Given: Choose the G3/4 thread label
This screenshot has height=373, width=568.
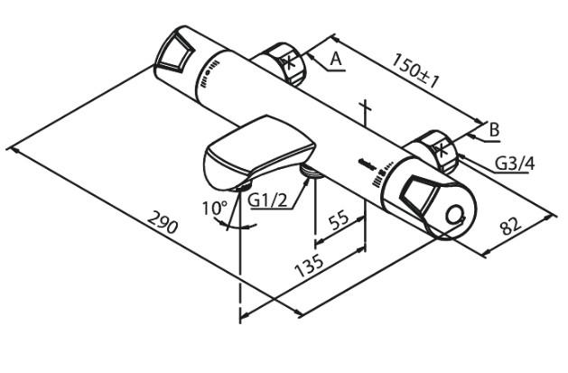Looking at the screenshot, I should click(x=515, y=163).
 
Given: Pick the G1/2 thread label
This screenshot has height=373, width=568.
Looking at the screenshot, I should click(x=268, y=200).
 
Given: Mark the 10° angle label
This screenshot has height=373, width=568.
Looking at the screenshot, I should click(x=215, y=209).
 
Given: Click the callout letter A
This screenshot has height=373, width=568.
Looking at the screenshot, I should click(x=335, y=59).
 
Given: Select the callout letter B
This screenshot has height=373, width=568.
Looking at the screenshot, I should click(x=494, y=129).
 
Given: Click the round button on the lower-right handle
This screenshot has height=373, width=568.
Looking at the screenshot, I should click(x=457, y=217).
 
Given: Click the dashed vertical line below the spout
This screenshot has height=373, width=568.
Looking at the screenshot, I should click(x=241, y=271).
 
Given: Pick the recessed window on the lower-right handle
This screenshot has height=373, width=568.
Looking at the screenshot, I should click(x=415, y=191).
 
